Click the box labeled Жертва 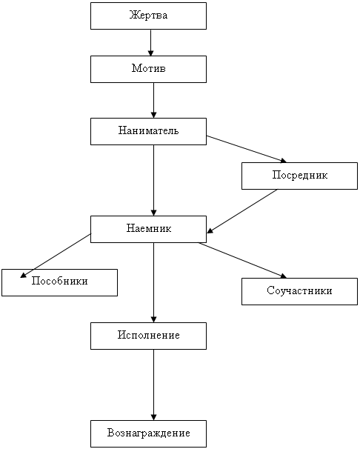click(149, 16)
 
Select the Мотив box click(149, 70)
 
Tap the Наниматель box click(149, 131)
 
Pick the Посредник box click(299, 176)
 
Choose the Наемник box click(149, 230)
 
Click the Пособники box click(59, 282)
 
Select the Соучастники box click(299, 291)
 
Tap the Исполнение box click(149, 336)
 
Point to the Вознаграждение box click(149, 434)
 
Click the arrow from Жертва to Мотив click(151, 43)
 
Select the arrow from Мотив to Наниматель click(153, 101)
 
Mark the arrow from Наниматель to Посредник click(247, 149)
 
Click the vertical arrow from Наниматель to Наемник click(153, 180)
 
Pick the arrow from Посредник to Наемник click(242, 211)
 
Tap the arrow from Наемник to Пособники click(56, 256)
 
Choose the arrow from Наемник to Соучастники click(243, 260)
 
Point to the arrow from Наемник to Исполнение click(153, 282)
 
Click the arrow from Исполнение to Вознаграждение click(153, 385)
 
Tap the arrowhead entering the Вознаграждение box click(153, 417)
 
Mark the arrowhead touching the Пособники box click(23, 275)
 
